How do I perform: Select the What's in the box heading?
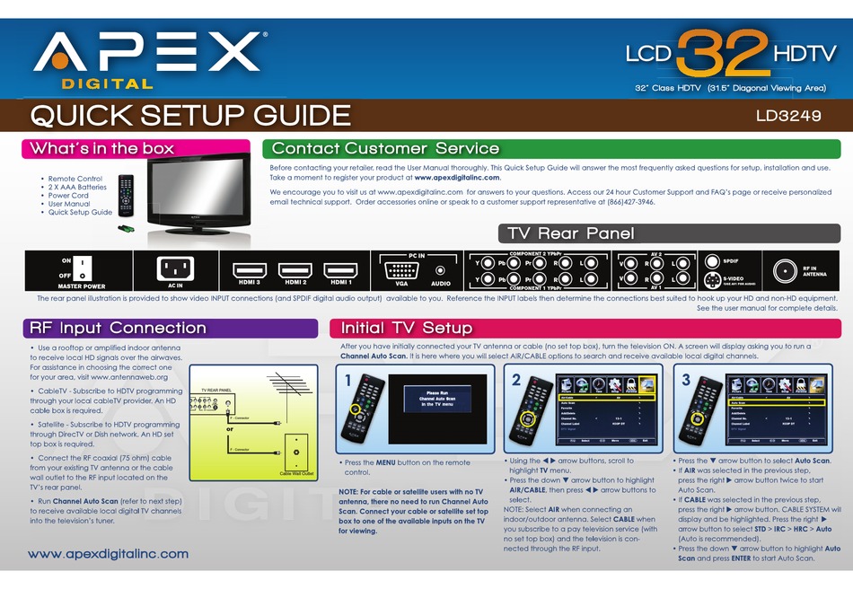(x=101, y=148)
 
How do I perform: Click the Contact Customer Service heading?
(x=385, y=148)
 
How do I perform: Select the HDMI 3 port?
(x=251, y=269)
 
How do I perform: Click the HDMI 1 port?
(x=339, y=269)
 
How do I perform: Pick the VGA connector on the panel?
(x=400, y=269)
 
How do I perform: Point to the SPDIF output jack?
(x=710, y=261)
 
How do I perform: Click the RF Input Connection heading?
(x=118, y=328)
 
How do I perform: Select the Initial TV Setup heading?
(x=401, y=328)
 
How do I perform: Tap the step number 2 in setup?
(x=516, y=380)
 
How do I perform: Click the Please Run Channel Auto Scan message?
(x=437, y=399)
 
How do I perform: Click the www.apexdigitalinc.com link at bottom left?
(x=109, y=554)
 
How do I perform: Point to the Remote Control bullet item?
(x=75, y=179)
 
